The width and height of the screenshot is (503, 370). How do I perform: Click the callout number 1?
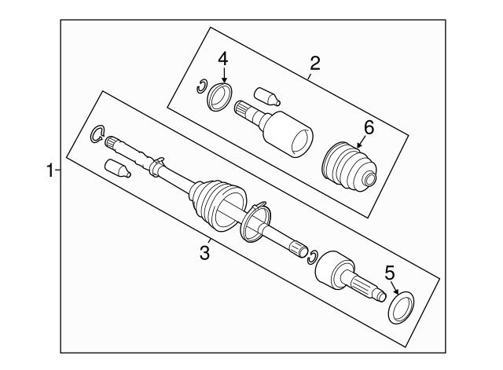(x=50, y=170)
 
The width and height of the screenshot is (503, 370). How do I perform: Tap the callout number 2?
(x=315, y=63)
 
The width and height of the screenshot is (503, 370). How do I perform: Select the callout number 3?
(x=204, y=253)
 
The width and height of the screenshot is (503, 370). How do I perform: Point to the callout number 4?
(x=223, y=60)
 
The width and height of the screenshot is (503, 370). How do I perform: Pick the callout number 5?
(x=390, y=273)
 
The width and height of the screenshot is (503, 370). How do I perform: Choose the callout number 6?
(x=369, y=128)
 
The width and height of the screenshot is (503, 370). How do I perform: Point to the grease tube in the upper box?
(x=266, y=96)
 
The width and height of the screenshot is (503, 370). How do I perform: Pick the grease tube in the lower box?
(x=117, y=168)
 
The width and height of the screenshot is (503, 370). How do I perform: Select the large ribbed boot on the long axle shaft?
(x=218, y=205)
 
